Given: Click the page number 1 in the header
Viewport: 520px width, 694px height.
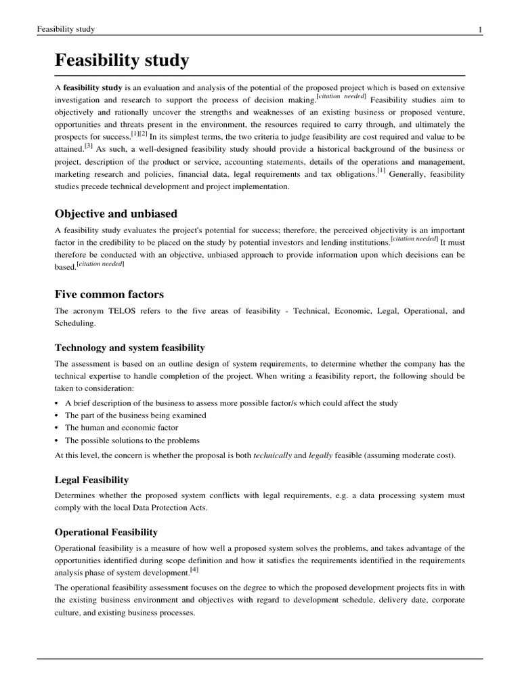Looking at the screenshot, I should [x=479, y=29].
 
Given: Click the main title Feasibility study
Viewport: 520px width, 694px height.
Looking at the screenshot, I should [x=122, y=61].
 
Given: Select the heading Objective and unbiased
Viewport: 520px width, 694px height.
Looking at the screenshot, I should [x=116, y=213].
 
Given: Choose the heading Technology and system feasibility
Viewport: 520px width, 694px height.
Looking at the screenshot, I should [x=129, y=348].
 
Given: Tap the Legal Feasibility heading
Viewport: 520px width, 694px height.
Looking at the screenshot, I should [x=91, y=480].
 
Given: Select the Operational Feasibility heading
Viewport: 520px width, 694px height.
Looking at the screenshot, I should [x=106, y=532].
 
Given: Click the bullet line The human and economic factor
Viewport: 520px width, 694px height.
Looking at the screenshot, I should [x=121, y=428].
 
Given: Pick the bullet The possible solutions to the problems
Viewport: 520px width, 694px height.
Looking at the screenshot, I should [x=132, y=441].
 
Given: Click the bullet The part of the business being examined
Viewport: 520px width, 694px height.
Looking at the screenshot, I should [x=135, y=415].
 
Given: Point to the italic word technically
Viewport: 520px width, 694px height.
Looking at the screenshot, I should [x=272, y=455].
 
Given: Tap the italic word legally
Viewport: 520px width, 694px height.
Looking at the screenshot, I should [x=321, y=455].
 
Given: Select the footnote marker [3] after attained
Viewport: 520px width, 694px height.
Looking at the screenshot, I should [x=88, y=146].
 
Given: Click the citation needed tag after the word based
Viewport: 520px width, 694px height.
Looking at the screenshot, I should [x=100, y=264].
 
